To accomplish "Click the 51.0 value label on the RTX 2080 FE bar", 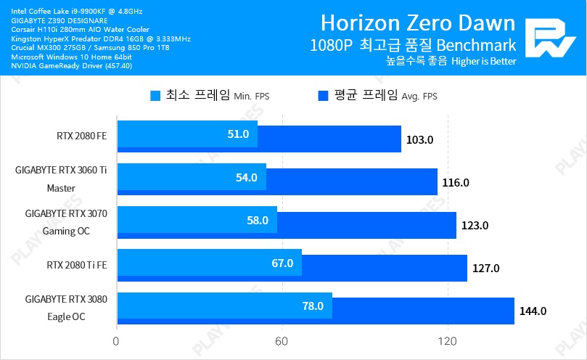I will pos(238,134).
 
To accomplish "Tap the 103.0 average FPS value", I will pos(420,139).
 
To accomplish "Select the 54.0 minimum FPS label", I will pos(247,178).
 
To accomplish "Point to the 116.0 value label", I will pos(456,182).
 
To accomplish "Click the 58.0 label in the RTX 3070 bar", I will pos(258,221).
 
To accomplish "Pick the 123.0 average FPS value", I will pos(475,225).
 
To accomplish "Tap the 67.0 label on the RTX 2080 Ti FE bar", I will pos(282,263).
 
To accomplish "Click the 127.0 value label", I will pos(485,269).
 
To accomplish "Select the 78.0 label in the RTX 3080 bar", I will pos(313,306).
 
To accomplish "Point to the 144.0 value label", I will pos(533,311).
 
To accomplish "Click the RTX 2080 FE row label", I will pos(81,135).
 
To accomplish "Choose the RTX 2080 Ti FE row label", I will pos(75,264).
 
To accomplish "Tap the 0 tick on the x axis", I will pos(116,341).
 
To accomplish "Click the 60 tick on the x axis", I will pos(282,341).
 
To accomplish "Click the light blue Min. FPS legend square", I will pos(155,95).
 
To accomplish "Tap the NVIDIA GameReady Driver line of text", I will pos(71,66).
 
